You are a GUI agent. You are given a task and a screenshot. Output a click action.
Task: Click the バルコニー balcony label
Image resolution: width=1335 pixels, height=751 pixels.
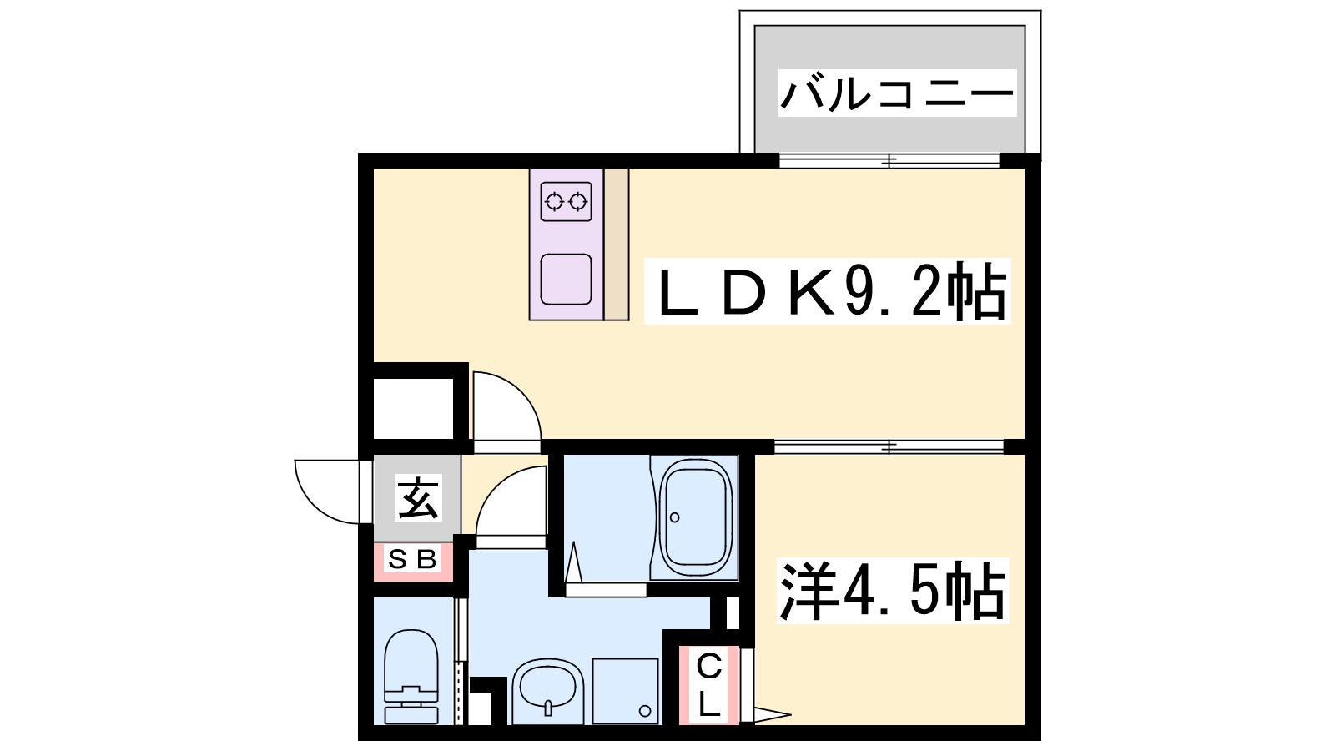(897, 93)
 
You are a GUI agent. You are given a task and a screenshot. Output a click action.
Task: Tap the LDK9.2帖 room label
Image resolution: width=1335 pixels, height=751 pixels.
(827, 291)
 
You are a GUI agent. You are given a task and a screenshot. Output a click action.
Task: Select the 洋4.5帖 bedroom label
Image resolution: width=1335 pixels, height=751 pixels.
(892, 591)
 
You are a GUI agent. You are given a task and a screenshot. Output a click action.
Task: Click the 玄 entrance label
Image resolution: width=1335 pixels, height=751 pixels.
(418, 498)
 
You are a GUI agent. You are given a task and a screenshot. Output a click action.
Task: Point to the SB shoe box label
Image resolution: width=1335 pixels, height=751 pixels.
(412, 560)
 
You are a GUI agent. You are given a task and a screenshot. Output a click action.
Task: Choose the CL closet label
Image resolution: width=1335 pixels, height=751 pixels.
(708, 685)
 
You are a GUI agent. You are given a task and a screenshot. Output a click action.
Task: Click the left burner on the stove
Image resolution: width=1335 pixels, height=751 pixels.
(554, 202)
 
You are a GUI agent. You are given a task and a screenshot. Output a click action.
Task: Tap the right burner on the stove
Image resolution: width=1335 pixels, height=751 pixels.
(577, 202)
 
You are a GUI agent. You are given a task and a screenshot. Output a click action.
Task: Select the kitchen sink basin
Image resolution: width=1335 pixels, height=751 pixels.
(567, 279)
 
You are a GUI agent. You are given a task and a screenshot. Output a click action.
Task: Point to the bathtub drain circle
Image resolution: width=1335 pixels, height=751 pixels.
(675, 517)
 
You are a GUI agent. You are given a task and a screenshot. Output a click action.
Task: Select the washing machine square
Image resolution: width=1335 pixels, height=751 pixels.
(626, 692)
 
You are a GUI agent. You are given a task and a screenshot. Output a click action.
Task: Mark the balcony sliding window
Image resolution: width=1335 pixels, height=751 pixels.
(889, 161)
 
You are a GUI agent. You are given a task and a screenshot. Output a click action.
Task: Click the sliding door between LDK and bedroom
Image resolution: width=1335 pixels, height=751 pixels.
(889, 447)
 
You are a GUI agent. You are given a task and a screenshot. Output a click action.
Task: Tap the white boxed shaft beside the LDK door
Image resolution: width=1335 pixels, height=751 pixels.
(413, 409)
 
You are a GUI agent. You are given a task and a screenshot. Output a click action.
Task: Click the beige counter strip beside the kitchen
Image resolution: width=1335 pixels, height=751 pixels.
(617, 244)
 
